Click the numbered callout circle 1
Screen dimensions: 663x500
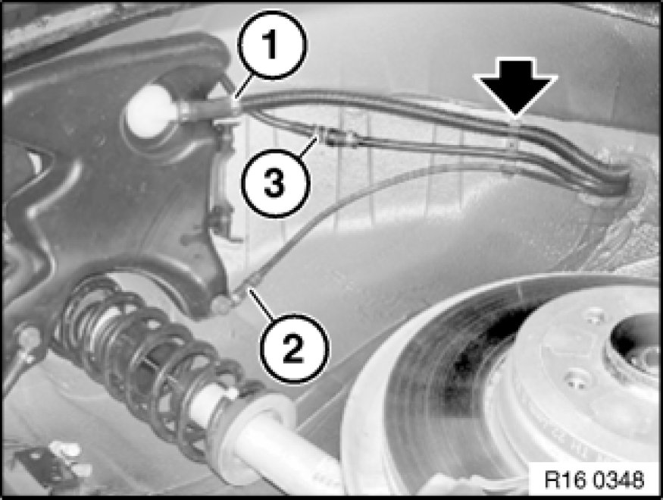click(x=271, y=45)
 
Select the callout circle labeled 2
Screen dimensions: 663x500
click(x=293, y=348)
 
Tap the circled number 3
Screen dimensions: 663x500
click(x=275, y=184)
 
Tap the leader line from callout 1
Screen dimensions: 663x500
click(x=245, y=86)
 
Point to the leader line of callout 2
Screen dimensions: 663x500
click(x=261, y=303)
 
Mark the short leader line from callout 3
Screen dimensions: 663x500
click(x=308, y=145)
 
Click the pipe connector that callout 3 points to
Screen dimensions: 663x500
click(x=337, y=136)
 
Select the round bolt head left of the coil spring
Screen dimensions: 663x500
click(x=28, y=337)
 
